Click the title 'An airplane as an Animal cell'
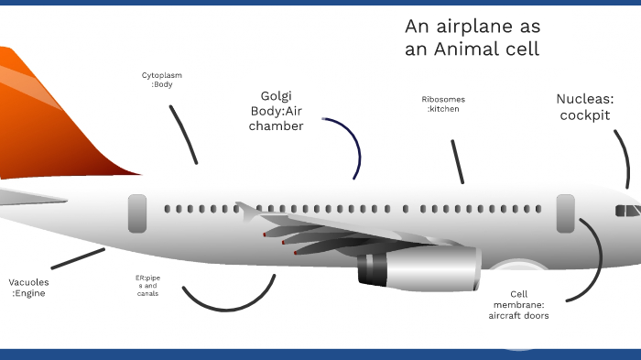click(472, 38)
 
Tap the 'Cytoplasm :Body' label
click(161, 79)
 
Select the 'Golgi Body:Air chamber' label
click(276, 111)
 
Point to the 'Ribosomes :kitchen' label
click(443, 104)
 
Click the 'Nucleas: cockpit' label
click(584, 107)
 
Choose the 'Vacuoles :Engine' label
click(27, 288)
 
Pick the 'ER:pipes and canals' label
click(147, 285)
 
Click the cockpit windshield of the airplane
click(627, 211)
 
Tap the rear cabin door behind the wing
click(136, 213)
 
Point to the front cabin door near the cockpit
click(565, 213)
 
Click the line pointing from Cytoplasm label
click(183, 134)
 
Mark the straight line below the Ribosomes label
click(457, 162)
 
